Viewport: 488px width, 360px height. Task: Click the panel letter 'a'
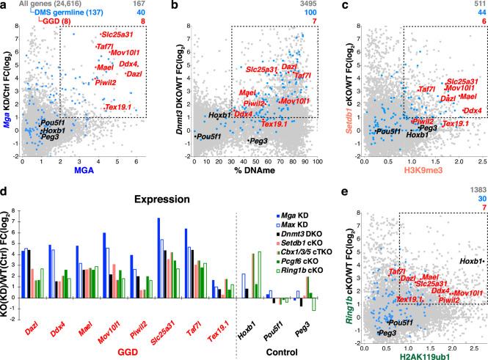[5, 6]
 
